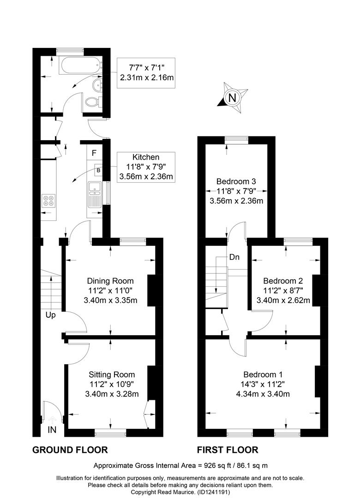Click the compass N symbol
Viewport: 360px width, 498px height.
click(x=233, y=97)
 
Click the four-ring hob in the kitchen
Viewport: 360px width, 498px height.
click(x=48, y=201)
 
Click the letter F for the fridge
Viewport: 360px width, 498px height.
click(x=94, y=153)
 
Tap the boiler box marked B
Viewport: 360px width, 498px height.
click(x=99, y=170)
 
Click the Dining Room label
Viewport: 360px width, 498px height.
click(x=110, y=281)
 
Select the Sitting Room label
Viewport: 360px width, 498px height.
click(x=112, y=374)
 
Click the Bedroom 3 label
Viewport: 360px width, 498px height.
click(x=236, y=181)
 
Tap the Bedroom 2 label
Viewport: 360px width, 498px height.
click(x=283, y=281)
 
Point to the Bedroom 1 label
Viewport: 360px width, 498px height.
click(x=263, y=374)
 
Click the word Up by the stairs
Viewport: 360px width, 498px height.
click(x=51, y=315)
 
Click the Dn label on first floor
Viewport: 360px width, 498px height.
click(x=234, y=257)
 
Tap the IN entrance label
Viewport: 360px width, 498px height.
click(x=52, y=430)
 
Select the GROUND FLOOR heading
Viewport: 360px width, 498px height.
click(x=70, y=450)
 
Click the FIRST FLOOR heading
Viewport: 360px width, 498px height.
click(x=228, y=450)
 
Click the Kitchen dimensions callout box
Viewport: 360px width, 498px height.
click(x=146, y=167)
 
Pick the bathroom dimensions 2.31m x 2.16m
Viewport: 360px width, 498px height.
click(x=147, y=77)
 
